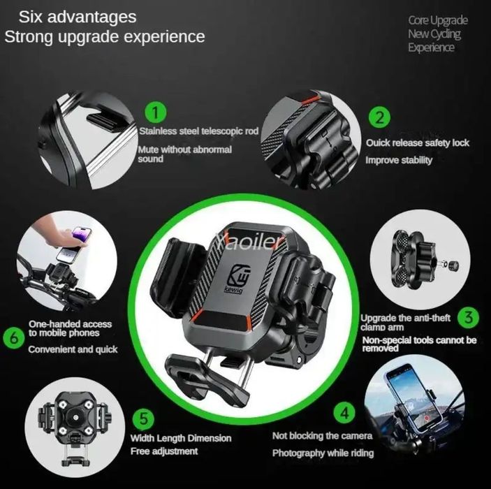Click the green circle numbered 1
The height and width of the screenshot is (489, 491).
(156, 112)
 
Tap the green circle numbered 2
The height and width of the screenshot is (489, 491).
(379, 118)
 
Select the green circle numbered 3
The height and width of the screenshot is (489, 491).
(468, 317)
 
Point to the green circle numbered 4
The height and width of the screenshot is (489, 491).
(344, 413)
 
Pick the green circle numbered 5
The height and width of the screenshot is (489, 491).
(143, 418)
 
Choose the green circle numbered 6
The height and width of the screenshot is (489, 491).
(14, 337)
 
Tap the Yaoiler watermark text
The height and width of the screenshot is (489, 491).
(250, 242)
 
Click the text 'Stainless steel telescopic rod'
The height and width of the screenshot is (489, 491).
(199, 131)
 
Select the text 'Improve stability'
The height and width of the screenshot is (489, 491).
(399, 160)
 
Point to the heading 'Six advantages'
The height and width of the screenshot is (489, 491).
(78, 17)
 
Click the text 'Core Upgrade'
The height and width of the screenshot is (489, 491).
(438, 20)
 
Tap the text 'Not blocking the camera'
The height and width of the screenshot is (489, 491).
(322, 436)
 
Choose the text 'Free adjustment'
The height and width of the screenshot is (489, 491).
(164, 451)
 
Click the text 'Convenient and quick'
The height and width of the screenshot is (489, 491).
(73, 349)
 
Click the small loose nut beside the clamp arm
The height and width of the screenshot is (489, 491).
(453, 265)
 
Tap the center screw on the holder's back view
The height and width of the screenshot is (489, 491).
(75, 417)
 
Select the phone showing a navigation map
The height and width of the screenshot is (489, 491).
(413, 396)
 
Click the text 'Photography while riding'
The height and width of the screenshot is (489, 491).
(323, 453)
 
